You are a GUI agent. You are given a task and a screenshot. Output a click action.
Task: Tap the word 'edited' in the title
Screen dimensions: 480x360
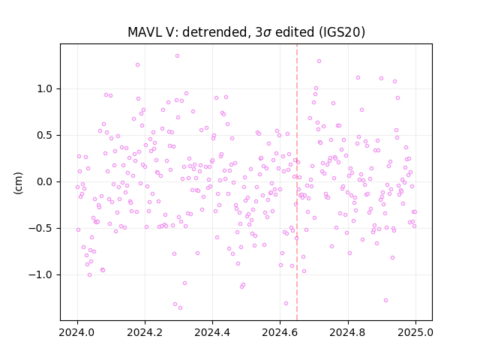click(x=295, y=31)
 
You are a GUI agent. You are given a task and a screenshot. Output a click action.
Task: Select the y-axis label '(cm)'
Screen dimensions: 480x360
click(x=18, y=183)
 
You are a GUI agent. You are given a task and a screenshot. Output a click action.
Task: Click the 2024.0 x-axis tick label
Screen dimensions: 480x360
click(x=77, y=332)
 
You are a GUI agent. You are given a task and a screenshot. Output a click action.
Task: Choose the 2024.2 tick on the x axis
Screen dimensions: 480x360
click(x=145, y=332)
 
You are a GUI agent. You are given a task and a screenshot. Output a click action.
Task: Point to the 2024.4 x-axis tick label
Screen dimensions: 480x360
click(x=212, y=332)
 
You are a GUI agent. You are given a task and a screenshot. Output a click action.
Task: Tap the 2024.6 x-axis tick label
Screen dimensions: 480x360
click(x=280, y=332)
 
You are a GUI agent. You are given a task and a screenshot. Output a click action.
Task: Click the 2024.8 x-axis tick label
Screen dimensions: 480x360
click(x=348, y=332)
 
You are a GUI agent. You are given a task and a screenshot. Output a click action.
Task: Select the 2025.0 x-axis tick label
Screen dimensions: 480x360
click(x=415, y=332)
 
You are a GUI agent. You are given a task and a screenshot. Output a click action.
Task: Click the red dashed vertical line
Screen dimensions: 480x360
click(x=297, y=182)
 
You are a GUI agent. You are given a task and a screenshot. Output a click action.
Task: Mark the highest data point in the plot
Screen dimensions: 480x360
click(x=177, y=56)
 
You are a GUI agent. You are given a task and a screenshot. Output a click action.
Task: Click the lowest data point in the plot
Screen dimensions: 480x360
click(x=180, y=308)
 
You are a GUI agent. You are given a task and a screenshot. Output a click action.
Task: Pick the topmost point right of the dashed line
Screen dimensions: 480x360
click(x=319, y=61)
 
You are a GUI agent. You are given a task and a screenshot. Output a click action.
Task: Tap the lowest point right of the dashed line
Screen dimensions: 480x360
click(x=385, y=301)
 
